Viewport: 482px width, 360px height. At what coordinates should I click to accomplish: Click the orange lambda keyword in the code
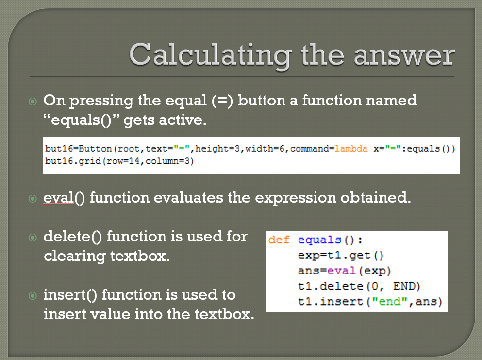pyautogui.click(x=351, y=149)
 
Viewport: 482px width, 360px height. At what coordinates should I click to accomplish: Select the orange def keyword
pyautogui.click(x=279, y=240)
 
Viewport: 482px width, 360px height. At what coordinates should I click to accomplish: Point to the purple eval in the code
pyautogui.click(x=342, y=271)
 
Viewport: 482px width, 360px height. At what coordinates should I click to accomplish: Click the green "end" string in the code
pyautogui.click(x=390, y=301)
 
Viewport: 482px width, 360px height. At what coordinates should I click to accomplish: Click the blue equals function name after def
pyautogui.click(x=320, y=240)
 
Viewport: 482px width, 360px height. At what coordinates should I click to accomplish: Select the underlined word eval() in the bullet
pyautogui.click(x=64, y=198)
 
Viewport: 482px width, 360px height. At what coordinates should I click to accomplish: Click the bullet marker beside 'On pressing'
pyautogui.click(x=33, y=101)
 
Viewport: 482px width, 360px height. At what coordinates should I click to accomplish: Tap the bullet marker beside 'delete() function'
pyautogui.click(x=33, y=237)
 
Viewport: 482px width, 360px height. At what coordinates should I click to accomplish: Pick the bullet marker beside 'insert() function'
pyautogui.click(x=33, y=296)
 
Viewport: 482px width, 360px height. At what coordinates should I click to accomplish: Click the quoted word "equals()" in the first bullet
pyautogui.click(x=81, y=120)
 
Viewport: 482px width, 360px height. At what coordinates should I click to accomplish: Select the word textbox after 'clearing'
pyautogui.click(x=140, y=256)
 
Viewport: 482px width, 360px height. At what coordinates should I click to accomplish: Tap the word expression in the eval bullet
pyautogui.click(x=296, y=198)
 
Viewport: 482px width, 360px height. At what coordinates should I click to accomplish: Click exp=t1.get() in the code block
pyautogui.click(x=341, y=256)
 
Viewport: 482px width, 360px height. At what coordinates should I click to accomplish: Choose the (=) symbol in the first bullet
pyautogui.click(x=222, y=101)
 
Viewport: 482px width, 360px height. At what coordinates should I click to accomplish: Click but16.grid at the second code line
pyautogui.click(x=73, y=161)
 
